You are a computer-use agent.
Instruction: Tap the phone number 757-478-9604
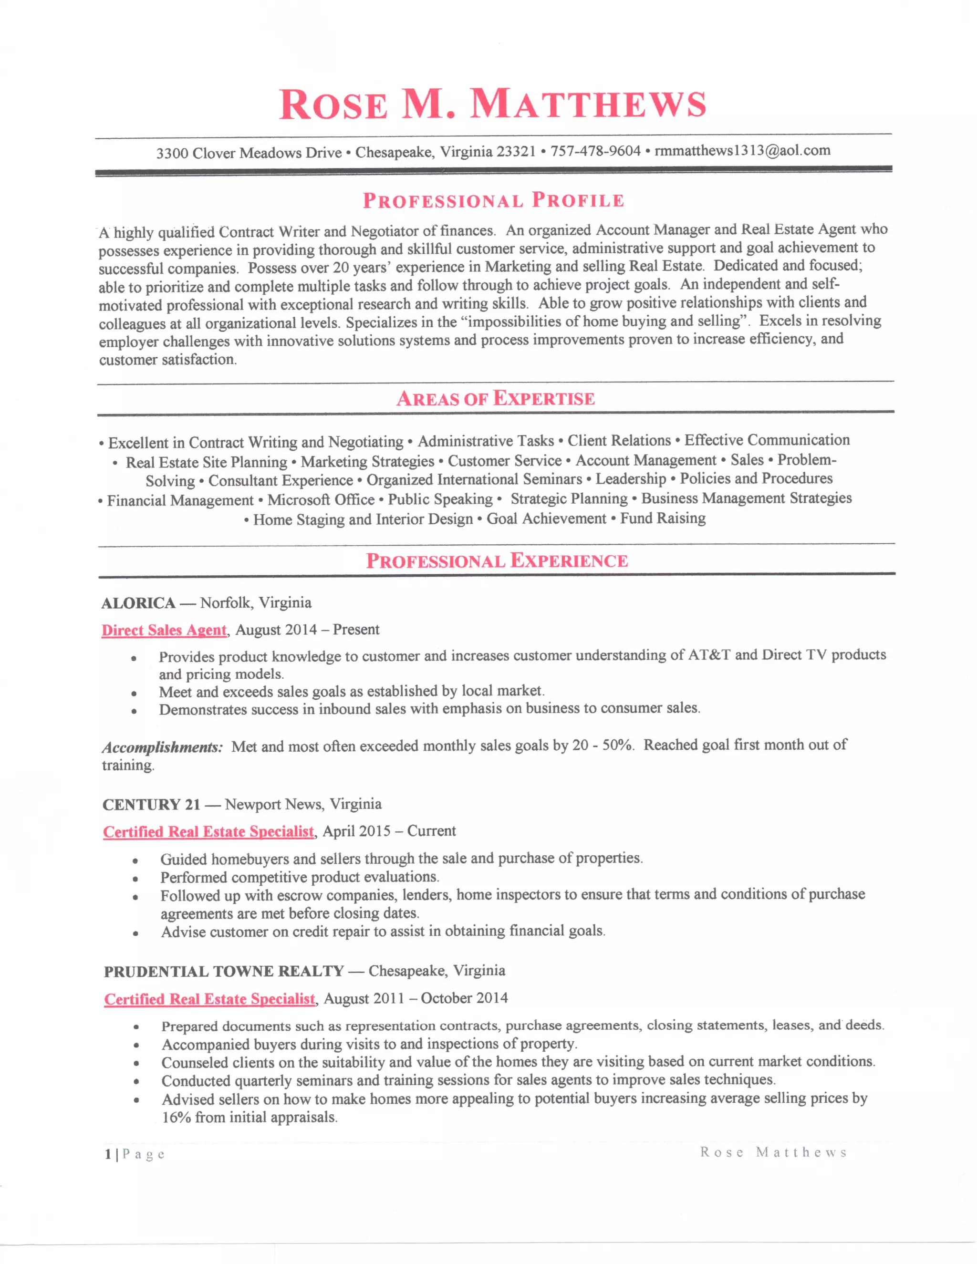point(595,151)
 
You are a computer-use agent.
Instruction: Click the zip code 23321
point(516,152)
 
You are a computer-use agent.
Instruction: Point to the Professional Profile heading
point(493,200)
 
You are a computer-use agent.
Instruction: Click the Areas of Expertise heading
point(496,398)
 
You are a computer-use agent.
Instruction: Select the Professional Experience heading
point(497,560)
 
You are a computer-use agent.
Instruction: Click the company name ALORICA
point(138,603)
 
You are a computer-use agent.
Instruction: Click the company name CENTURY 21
point(151,805)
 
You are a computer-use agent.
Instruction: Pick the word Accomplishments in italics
point(162,747)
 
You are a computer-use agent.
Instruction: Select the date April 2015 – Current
point(389,831)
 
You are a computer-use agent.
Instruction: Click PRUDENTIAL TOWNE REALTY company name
point(224,971)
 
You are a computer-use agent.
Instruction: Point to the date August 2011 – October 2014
point(416,998)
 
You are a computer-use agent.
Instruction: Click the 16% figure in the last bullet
point(176,1117)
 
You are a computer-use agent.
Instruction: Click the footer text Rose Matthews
point(773,1152)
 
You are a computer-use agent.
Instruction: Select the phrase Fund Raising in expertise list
point(663,518)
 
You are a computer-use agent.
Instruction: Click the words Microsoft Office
point(321,499)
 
